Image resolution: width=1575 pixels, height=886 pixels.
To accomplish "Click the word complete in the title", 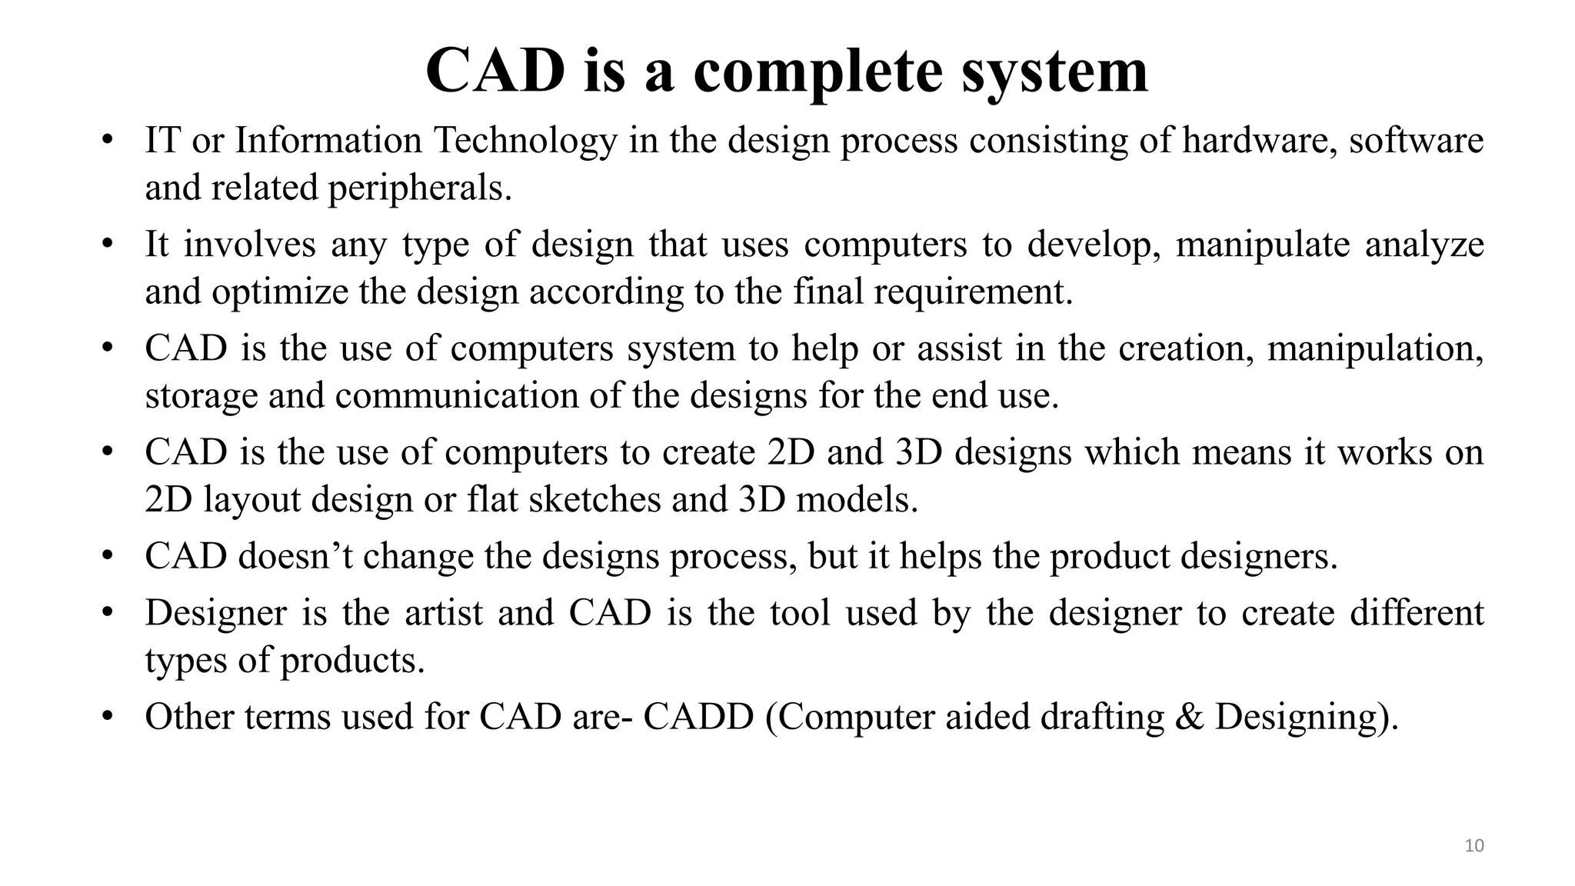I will coord(817,72).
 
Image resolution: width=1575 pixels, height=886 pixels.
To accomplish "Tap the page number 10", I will coord(1473,846).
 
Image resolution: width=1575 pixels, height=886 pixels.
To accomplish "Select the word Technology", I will coord(525,141).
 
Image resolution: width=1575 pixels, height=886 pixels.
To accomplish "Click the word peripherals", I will coord(420,188).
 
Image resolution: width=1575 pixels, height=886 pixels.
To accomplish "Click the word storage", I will coord(201,397).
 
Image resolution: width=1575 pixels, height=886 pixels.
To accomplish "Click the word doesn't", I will coord(295,556).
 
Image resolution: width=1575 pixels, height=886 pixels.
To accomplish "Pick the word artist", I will coord(445,613).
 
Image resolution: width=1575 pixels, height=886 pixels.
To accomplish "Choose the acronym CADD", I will coord(698,717).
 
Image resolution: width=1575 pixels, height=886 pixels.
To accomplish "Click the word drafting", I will coord(1102,718).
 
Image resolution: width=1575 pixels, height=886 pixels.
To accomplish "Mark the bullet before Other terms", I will coord(108,717).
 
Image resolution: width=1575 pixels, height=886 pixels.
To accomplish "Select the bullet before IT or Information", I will coord(108,141).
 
